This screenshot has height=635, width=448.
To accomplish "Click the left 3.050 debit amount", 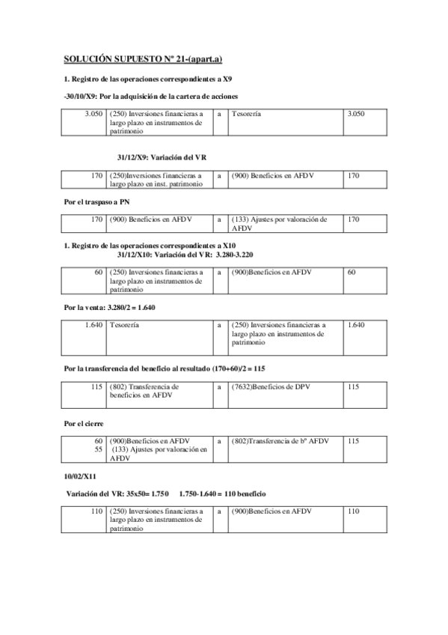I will tap(93, 114).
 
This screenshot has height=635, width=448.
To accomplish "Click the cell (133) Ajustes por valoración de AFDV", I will tap(279, 224).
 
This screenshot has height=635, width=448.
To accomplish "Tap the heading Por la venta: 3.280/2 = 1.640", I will tap(110, 308).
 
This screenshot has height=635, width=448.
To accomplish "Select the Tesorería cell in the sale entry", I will tap(124, 326).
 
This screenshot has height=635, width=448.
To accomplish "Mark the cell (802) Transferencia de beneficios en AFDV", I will tap(150, 391).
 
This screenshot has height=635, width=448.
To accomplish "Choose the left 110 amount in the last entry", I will tap(95, 511).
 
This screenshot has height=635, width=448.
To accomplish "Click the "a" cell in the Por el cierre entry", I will tap(219, 441).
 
